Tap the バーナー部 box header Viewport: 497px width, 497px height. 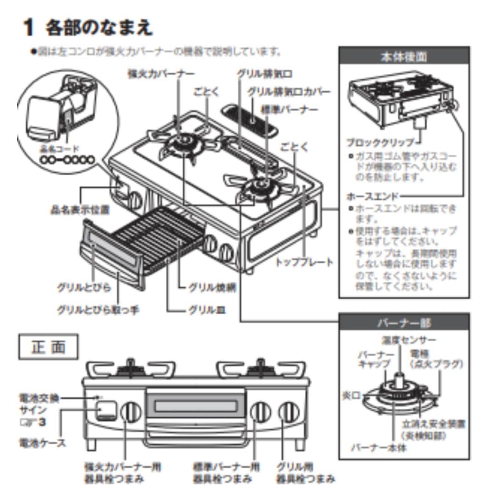(404, 323)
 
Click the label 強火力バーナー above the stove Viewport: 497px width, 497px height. (161, 74)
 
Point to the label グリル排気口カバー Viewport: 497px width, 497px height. (289, 92)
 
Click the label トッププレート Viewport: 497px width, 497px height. (304, 262)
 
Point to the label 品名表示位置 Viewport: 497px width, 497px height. (80, 210)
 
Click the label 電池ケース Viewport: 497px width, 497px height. (42, 443)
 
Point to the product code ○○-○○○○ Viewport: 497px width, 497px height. (67, 160)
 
